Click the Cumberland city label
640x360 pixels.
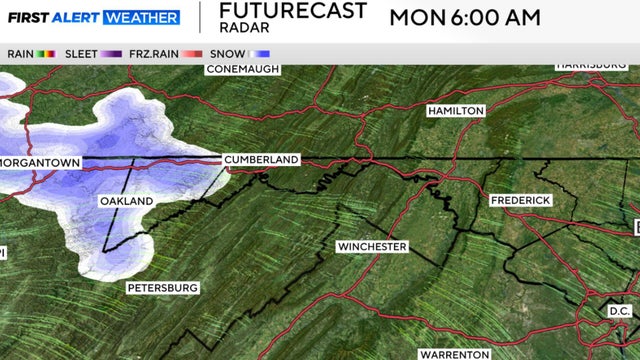(261, 159)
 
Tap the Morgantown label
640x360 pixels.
(39, 161)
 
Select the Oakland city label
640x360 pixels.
(126, 201)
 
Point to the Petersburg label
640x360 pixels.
(162, 287)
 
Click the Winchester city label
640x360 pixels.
(371, 246)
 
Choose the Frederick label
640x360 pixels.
(520, 201)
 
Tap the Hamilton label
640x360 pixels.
(455, 110)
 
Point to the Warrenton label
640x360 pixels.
(454, 354)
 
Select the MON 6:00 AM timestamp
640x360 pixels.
(464, 17)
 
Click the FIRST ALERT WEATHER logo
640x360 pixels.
(93, 17)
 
